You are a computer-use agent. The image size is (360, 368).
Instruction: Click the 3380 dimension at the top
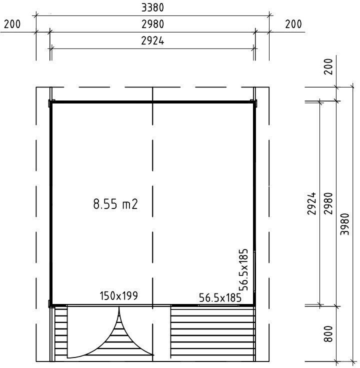coord(152,7)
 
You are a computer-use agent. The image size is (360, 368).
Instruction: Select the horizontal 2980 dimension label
coord(152,24)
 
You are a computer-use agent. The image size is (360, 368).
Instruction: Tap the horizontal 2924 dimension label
coord(152,41)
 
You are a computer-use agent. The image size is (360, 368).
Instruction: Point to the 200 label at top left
coord(12,24)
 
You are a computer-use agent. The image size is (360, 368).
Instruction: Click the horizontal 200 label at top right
coord(293,24)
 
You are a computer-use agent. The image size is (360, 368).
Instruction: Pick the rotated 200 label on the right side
coord(328,66)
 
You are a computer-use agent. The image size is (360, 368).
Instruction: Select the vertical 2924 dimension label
coord(311,203)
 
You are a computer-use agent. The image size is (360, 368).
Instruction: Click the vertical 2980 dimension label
coord(328,203)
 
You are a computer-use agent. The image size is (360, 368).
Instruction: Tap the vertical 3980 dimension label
coord(345,224)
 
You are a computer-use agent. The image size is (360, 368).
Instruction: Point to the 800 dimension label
coord(328,333)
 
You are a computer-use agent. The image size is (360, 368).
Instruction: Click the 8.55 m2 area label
coord(115,203)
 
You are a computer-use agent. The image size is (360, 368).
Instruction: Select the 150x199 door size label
coord(118,295)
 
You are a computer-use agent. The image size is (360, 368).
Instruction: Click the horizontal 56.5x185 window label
coord(220,297)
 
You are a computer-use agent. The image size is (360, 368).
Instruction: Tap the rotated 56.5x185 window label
coord(243,269)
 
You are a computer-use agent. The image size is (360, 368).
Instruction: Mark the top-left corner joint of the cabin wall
coord(50,102)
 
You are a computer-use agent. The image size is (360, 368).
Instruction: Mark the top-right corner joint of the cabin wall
coord(254,102)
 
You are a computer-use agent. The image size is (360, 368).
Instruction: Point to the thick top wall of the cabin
coord(152,102)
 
